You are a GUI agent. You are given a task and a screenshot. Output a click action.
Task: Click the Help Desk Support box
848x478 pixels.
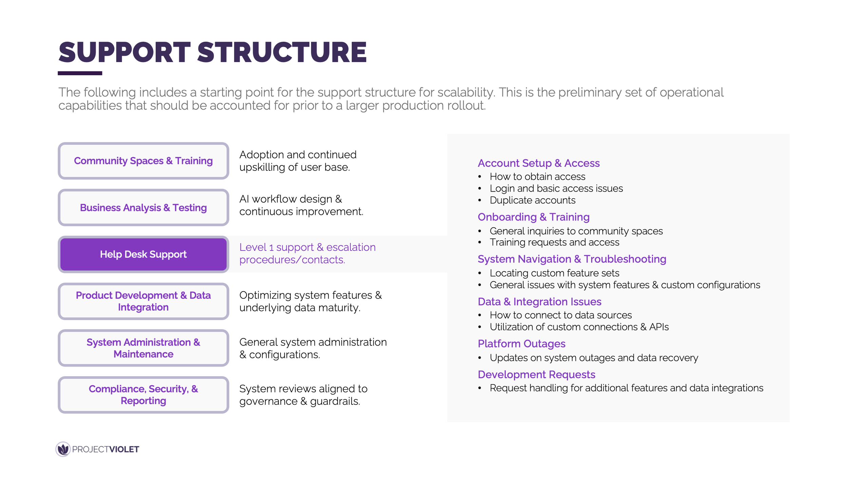[x=143, y=254]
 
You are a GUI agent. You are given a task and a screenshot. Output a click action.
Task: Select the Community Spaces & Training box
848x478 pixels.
[x=143, y=161]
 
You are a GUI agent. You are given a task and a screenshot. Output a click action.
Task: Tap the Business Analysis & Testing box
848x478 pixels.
[x=143, y=207]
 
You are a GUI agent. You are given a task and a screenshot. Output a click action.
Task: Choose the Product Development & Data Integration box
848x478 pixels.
[x=143, y=301]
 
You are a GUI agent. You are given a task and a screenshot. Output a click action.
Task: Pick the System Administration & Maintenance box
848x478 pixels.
[x=143, y=348]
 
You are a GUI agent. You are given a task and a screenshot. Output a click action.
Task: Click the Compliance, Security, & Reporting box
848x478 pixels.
[x=143, y=395]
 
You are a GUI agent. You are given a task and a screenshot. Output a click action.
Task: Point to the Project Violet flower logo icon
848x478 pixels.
[x=63, y=449]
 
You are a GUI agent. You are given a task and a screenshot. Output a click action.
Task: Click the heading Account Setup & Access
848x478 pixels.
[x=538, y=163]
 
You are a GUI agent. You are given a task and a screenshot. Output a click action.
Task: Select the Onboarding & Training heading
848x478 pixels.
[x=533, y=217]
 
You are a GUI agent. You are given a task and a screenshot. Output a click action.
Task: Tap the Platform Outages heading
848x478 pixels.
[x=521, y=344]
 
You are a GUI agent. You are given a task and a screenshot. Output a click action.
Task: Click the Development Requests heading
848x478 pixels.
[x=536, y=375]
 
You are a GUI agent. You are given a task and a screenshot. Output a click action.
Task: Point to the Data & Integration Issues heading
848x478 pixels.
[x=539, y=302]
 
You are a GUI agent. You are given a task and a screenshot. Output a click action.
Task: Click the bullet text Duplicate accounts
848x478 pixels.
[x=533, y=200]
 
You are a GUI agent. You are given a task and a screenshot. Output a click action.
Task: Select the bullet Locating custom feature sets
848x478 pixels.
[x=554, y=273]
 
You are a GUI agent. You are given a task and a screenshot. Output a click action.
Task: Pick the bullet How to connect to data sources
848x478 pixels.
[x=561, y=315]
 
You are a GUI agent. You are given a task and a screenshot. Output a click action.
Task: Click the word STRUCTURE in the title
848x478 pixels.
[x=282, y=53]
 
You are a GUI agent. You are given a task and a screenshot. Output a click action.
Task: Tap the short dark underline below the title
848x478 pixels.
[x=80, y=73]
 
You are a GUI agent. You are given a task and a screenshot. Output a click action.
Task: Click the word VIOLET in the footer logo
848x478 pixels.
[x=124, y=450]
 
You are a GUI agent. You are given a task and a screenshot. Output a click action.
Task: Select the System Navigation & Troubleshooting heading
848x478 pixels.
[x=572, y=259]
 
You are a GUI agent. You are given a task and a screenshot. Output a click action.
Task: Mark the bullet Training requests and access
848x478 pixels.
[x=554, y=242]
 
